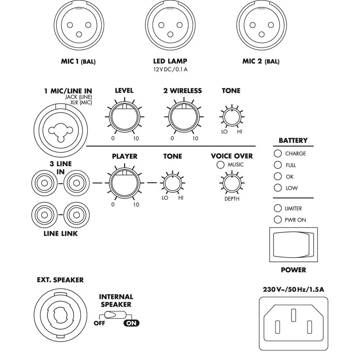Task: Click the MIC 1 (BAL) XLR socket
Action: [79, 25]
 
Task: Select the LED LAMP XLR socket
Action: [170, 25]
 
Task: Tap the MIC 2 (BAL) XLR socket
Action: [261, 25]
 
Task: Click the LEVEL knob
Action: [125, 117]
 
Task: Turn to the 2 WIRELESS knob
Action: [184, 117]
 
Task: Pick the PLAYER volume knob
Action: [125, 183]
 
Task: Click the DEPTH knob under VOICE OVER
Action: [232, 183]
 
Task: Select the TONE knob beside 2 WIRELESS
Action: [232, 117]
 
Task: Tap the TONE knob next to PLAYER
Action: [172, 183]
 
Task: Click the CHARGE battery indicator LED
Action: [278, 153]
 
